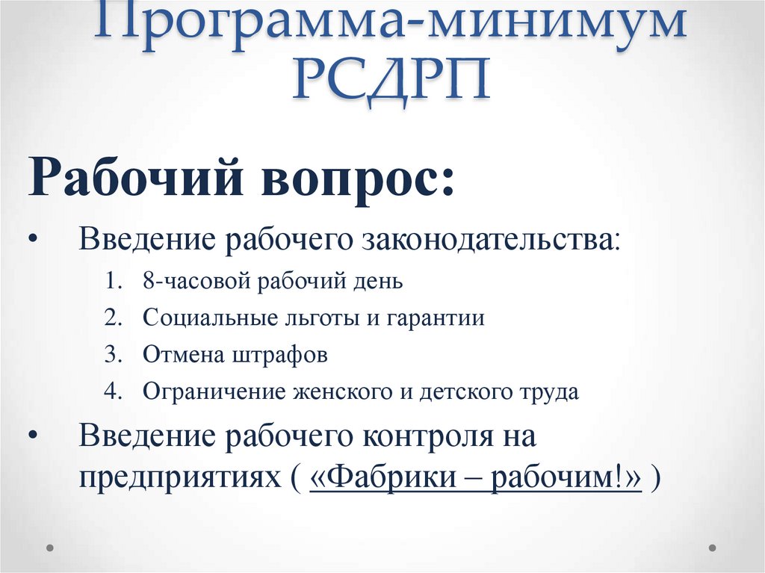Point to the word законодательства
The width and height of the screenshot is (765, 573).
(490, 241)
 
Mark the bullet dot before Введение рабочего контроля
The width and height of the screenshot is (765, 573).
(34, 436)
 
